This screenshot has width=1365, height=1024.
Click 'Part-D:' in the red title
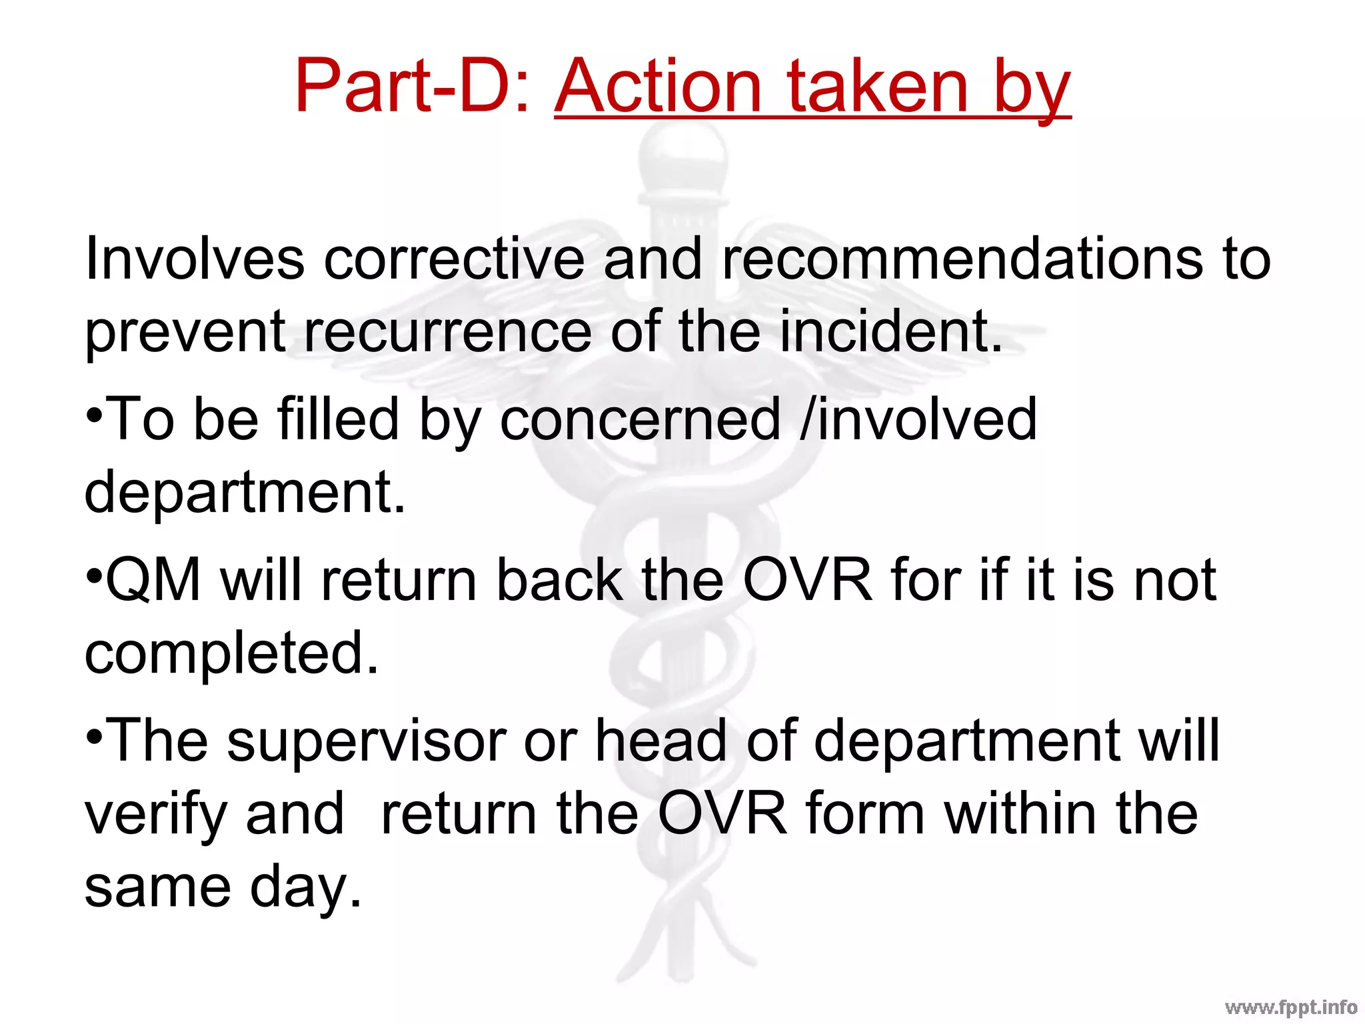(x=413, y=87)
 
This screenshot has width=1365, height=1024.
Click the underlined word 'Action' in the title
(x=658, y=87)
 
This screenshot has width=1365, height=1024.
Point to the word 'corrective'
(x=454, y=259)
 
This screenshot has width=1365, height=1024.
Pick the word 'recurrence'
(x=447, y=331)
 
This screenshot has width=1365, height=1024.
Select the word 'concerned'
(x=639, y=420)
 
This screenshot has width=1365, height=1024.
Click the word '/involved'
(x=919, y=420)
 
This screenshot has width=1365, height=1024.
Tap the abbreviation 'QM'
(x=153, y=580)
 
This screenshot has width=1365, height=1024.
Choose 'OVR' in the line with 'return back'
(x=807, y=580)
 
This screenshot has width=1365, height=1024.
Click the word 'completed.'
(x=232, y=653)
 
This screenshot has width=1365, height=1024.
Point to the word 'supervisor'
(x=367, y=741)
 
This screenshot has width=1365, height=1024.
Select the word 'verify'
(x=155, y=815)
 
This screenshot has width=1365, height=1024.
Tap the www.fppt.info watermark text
(x=1291, y=1007)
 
